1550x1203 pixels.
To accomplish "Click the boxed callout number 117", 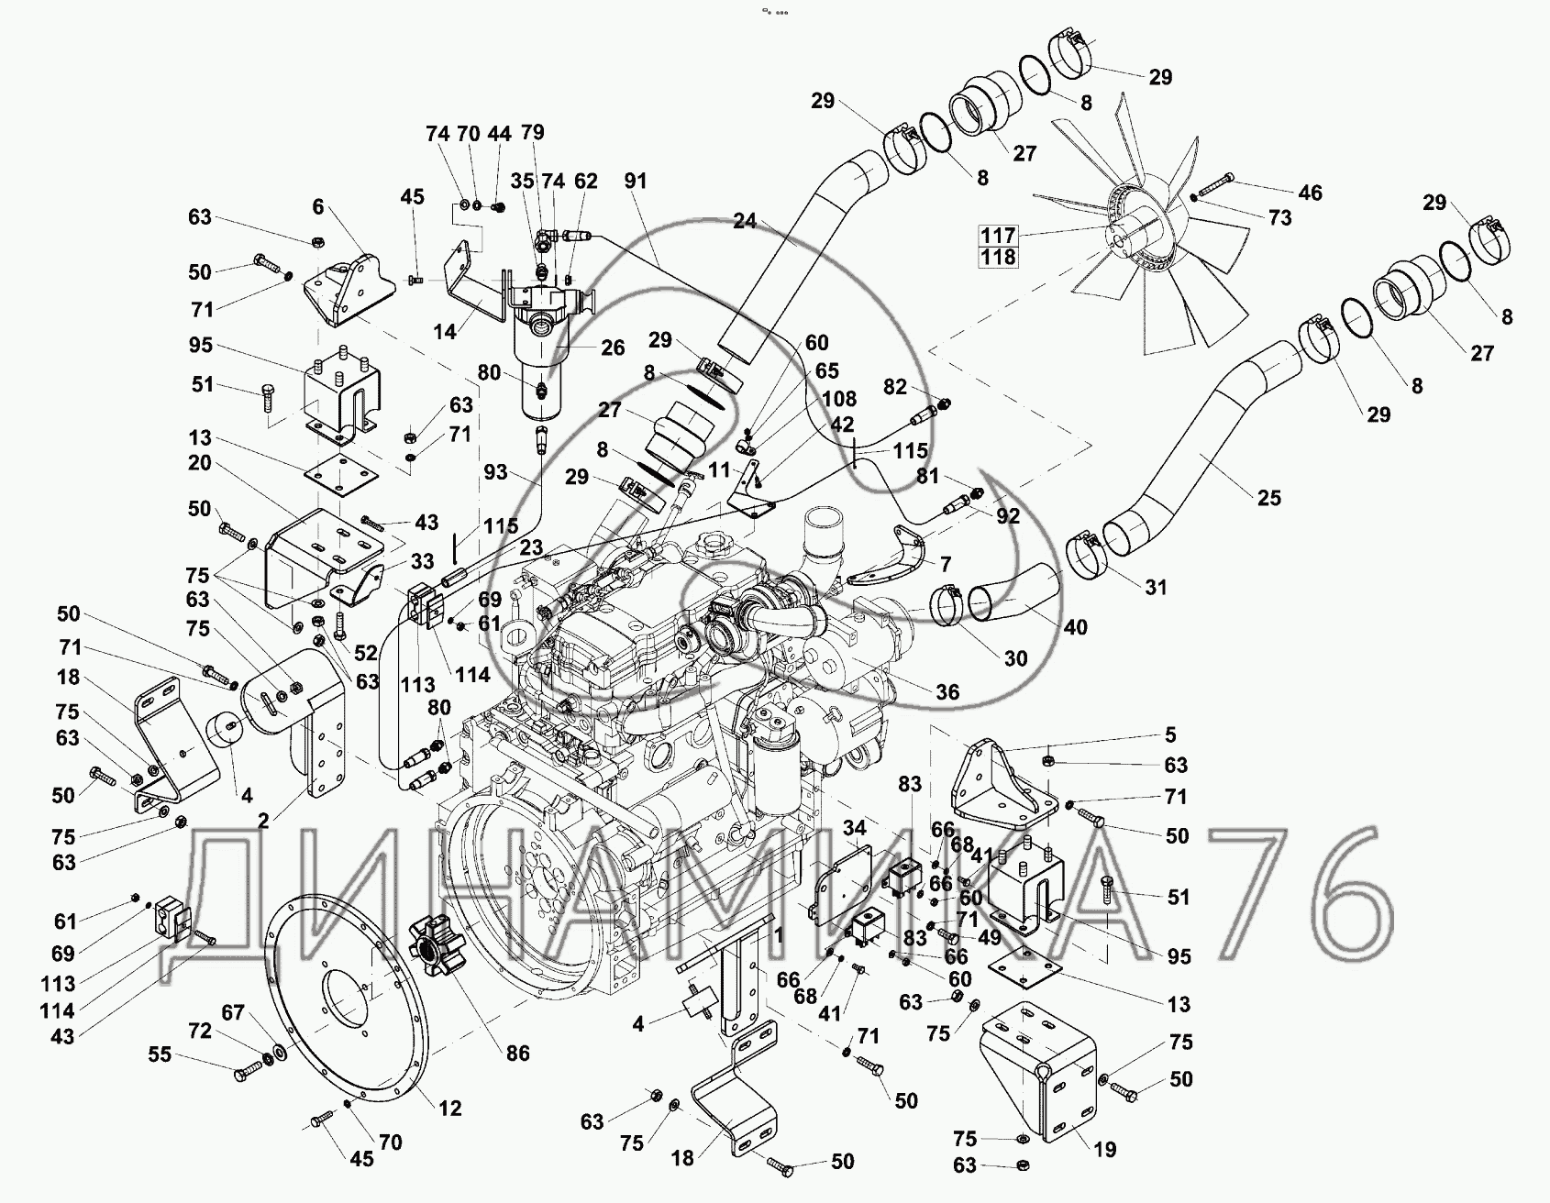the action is click(x=998, y=236).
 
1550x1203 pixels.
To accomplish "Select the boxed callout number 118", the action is click(x=998, y=258).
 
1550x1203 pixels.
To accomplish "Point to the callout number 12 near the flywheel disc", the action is click(x=449, y=1109).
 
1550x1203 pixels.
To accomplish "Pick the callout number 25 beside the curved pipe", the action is click(x=1269, y=498).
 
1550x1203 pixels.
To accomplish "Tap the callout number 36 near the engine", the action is click(x=947, y=691).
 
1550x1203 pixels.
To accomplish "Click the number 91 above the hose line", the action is click(x=635, y=182).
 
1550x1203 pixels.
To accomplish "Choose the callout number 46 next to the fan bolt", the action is click(x=1311, y=193).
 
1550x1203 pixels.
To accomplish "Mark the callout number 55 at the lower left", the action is click(x=160, y=1055).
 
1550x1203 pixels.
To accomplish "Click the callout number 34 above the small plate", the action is click(x=856, y=830).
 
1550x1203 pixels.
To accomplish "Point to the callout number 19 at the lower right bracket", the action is click(x=1105, y=1149).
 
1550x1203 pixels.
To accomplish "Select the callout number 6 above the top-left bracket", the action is click(x=317, y=206).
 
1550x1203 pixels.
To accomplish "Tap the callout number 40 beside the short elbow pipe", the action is click(x=1075, y=627).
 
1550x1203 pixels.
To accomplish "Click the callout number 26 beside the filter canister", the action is click(x=613, y=348).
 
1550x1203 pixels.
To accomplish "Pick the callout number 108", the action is click(x=839, y=399).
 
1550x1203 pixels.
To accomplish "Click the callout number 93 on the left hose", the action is click(x=496, y=472).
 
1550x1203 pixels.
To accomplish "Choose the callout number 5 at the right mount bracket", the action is click(x=1169, y=735).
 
